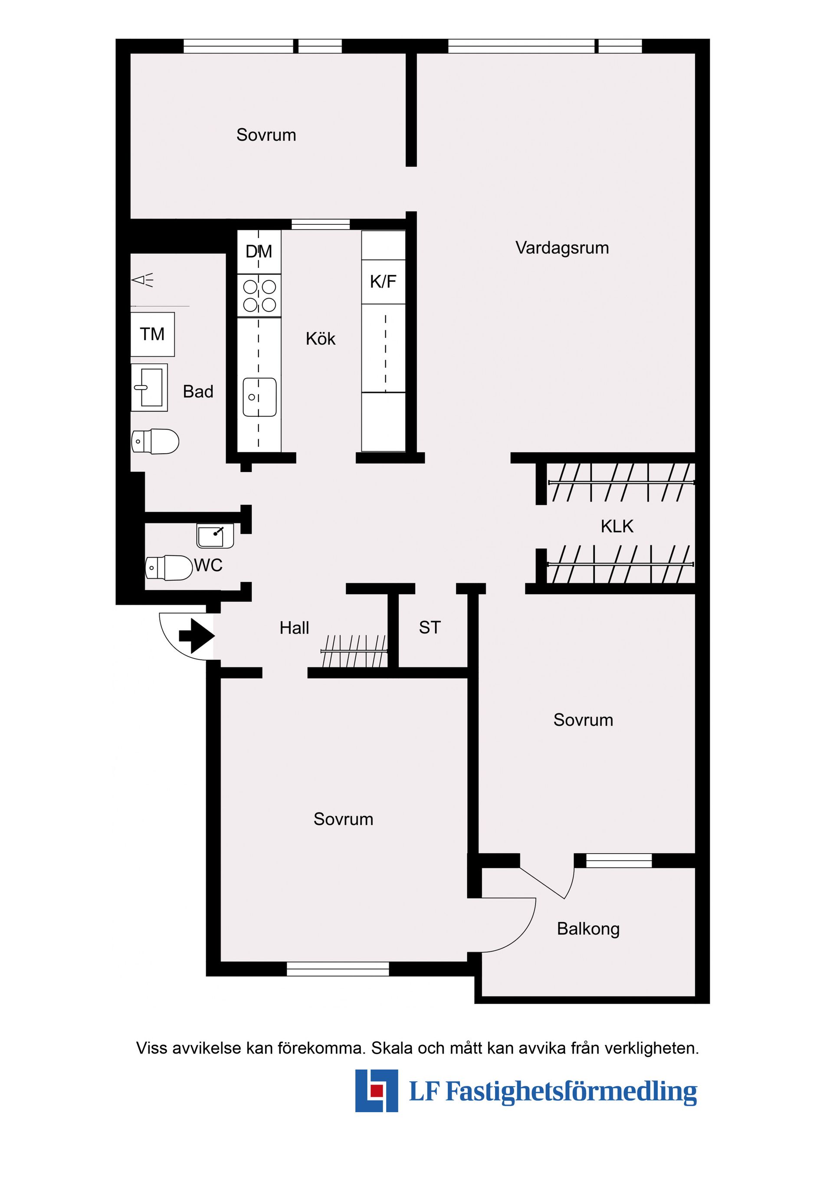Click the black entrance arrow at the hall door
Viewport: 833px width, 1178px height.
click(197, 636)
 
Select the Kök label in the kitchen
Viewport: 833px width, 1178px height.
click(320, 339)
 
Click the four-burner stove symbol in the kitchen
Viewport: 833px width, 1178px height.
click(259, 295)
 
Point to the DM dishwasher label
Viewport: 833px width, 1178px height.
click(259, 252)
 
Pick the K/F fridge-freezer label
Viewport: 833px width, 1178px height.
click(383, 281)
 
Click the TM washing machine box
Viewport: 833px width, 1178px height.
click(152, 334)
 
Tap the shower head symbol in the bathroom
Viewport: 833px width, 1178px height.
click(143, 280)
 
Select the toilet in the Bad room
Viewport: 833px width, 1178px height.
click(155, 441)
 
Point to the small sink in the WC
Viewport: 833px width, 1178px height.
click(215, 536)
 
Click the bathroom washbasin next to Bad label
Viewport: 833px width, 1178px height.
click(149, 387)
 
